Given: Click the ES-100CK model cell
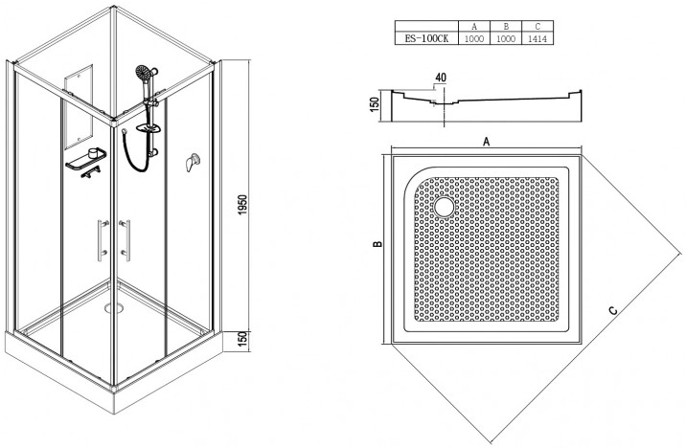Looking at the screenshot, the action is (426, 38).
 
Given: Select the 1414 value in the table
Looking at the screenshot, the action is (537, 38).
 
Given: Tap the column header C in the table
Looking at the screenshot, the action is (537, 26).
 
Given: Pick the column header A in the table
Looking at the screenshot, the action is (474, 26).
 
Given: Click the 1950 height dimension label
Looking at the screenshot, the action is (243, 204).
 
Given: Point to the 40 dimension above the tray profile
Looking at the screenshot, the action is (441, 78).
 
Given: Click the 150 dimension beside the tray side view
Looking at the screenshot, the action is (375, 105).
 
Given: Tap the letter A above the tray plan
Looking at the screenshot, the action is (486, 142).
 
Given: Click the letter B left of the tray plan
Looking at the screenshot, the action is (378, 244).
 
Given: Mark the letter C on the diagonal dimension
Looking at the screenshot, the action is (613, 311).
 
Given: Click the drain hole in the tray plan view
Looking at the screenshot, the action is (444, 207).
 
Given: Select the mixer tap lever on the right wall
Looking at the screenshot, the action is (192, 163).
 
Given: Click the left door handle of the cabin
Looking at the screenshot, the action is (102, 240).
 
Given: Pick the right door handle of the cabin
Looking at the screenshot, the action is (126, 240).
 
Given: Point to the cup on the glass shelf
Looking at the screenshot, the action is (93, 152).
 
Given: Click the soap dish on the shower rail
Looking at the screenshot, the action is (149, 128).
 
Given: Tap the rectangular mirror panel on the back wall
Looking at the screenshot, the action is (79, 107).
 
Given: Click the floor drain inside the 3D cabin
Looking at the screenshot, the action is (115, 307).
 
